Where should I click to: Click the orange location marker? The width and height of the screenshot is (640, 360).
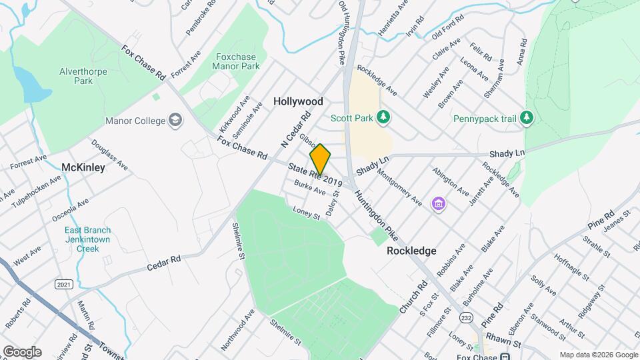click(x=320, y=159)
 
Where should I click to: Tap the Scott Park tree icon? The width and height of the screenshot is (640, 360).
click(x=383, y=118)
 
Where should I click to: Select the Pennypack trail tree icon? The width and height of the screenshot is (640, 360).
click(x=527, y=118)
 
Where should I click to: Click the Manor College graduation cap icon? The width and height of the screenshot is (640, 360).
click(x=176, y=121)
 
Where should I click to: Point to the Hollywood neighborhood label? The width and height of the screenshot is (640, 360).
click(x=298, y=101)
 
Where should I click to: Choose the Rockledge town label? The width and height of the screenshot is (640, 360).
click(x=412, y=251)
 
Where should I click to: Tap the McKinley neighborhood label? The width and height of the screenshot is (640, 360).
click(x=83, y=167)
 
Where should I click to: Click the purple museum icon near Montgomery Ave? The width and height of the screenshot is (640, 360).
click(x=438, y=203)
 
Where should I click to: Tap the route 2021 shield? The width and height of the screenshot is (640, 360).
click(x=63, y=285)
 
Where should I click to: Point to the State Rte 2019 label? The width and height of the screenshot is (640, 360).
click(x=315, y=175)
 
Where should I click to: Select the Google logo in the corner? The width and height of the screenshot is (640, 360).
click(x=22, y=352)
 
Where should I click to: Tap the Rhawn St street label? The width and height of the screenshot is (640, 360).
click(x=507, y=343)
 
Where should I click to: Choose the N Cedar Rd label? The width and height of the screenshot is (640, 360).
click(x=296, y=129)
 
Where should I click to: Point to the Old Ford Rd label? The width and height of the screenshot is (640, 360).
click(x=447, y=31)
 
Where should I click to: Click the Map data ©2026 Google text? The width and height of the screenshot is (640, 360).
click(x=599, y=355)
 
